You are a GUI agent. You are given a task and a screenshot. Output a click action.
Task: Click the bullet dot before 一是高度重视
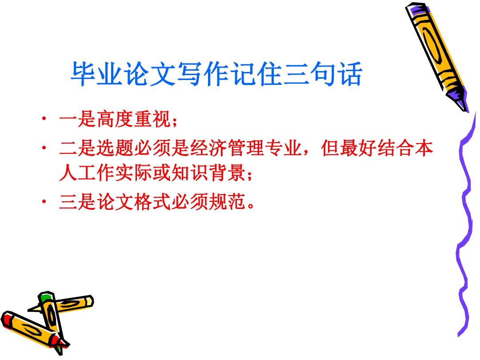tap(44, 119)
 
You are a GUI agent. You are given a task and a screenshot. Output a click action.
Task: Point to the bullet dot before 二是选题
tap(44, 148)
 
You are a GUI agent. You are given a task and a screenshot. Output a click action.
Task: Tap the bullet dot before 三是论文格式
tap(44, 201)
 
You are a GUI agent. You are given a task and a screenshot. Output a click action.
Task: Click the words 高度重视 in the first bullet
tap(134, 119)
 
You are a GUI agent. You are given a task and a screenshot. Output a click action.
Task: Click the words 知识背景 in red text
tap(208, 172)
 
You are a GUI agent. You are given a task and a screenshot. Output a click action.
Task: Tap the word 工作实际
tap(115, 172)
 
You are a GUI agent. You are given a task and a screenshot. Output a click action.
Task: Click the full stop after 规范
tap(251, 206)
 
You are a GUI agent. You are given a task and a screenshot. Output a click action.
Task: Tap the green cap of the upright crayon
tap(45, 296)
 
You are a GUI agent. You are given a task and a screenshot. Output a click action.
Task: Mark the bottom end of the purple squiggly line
tap(459, 336)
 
